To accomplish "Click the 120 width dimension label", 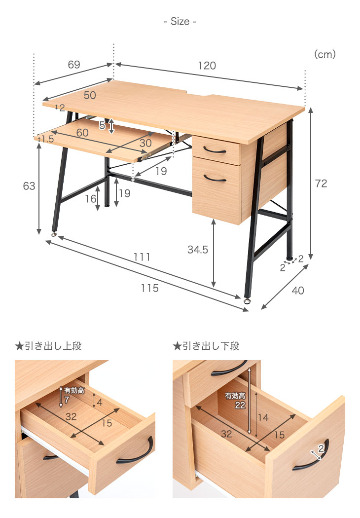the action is pos(207,66).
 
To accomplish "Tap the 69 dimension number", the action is pos(74,64).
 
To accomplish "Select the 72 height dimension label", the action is pos(321,183).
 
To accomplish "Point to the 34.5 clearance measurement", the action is pos(198,250).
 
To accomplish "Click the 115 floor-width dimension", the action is pos(149,288).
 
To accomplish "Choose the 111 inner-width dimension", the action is pos(142,257).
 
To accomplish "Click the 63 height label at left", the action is pos(29,186).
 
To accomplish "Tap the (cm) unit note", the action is pos(325,54).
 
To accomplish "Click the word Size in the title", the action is pos(180,22).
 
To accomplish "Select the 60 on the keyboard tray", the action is pos(82,133).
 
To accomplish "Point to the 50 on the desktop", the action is pos(90,95).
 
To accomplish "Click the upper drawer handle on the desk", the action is pos(215,150).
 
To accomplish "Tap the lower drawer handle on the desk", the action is pos(215,179).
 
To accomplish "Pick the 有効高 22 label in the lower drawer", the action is pos(235,401).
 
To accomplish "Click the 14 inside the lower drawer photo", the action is pos(263,417).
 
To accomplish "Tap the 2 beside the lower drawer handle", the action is pos(321,448).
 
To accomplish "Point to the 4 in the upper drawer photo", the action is pos(100,402).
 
